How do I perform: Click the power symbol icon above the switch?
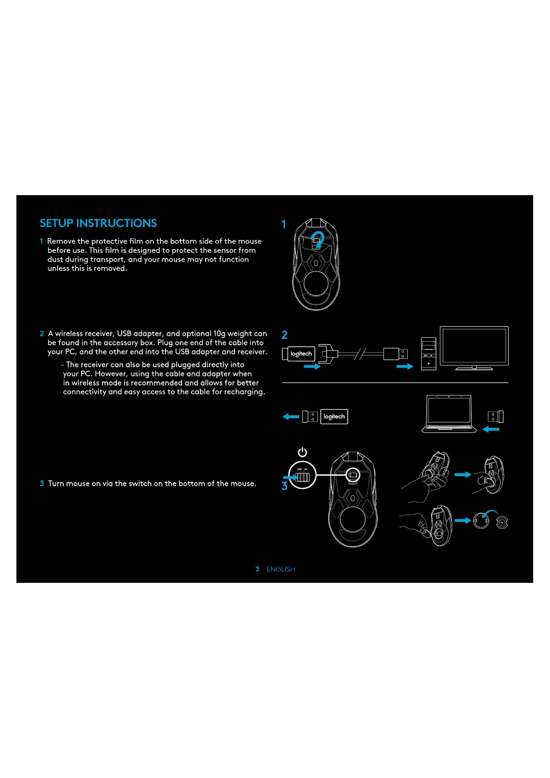coord(302,452)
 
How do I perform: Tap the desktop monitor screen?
coord(474,346)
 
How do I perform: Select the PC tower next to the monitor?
coord(429,354)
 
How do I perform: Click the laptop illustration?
coord(449,413)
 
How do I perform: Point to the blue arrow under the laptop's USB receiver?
coord(491,429)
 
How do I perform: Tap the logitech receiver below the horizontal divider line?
coord(334,417)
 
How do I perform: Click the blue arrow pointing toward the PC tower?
coord(405,366)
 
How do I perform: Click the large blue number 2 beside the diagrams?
coord(285,335)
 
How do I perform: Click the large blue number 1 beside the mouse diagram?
coord(284,224)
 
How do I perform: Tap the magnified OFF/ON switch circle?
coord(302,475)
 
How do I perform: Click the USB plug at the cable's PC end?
coord(395,354)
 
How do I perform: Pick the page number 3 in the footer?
coord(257,569)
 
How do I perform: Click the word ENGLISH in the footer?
coord(281,569)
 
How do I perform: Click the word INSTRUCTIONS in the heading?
coord(117,223)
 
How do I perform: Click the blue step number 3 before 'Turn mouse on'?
coord(42,483)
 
